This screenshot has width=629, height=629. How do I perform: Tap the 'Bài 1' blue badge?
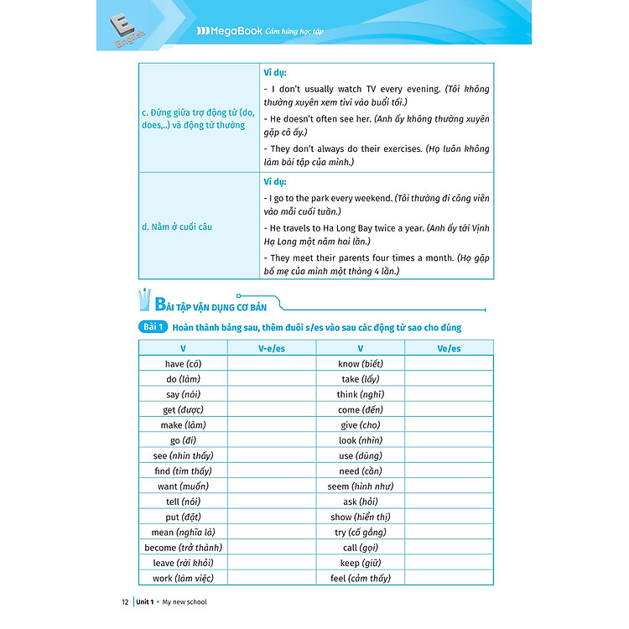pyautogui.click(x=153, y=327)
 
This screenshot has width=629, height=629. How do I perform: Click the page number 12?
pyautogui.click(x=126, y=601)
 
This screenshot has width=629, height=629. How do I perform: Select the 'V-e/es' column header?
pyautogui.click(x=271, y=348)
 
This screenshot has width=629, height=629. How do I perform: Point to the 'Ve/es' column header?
pyautogui.click(x=449, y=348)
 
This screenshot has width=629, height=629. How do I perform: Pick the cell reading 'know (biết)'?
pyautogui.click(x=360, y=364)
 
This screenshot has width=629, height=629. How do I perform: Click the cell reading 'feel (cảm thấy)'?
pyautogui.click(x=360, y=578)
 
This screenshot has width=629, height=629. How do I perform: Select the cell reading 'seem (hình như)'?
pyautogui.click(x=360, y=486)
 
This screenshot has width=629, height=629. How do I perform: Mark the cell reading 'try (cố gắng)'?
pyautogui.click(x=360, y=533)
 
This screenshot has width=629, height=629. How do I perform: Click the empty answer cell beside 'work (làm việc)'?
pyautogui.click(x=271, y=578)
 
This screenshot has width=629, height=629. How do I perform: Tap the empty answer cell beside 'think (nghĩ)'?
pyautogui.click(x=449, y=394)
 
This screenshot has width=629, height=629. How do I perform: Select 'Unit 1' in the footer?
pyautogui.click(x=151, y=601)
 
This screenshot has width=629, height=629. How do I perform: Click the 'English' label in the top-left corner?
pyautogui.click(x=131, y=38)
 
